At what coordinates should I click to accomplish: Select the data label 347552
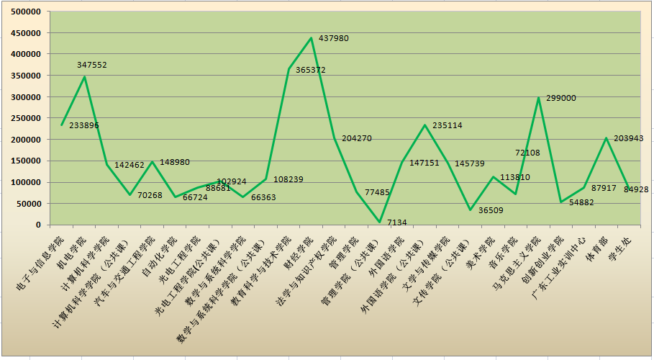(x=92, y=65)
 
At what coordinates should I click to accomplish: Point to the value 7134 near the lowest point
(x=396, y=222)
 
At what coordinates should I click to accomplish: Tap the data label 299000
(x=561, y=98)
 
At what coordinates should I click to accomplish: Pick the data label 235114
(x=448, y=125)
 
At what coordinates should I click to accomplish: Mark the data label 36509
(x=492, y=211)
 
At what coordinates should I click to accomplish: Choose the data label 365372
(x=311, y=71)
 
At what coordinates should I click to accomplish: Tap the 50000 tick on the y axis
(x=28, y=204)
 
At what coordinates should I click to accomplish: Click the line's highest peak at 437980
(x=311, y=38)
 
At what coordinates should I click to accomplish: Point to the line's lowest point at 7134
(x=379, y=222)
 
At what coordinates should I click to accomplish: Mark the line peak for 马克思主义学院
(x=538, y=97)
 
